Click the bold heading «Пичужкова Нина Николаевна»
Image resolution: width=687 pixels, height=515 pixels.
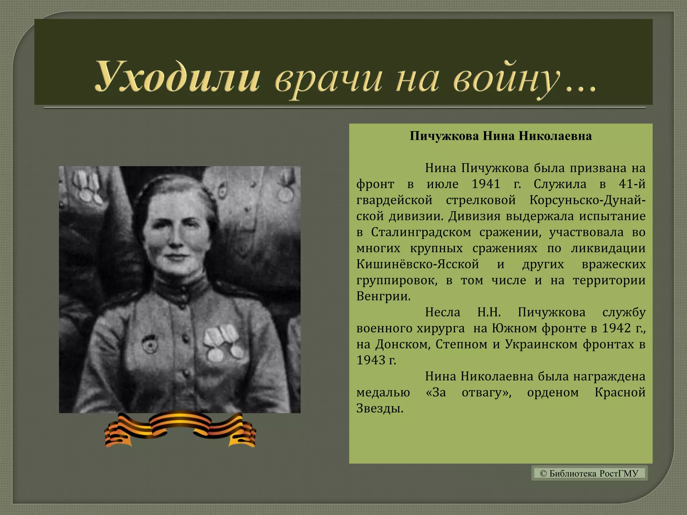tap(500, 136)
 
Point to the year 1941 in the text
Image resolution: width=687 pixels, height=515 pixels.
tap(486, 184)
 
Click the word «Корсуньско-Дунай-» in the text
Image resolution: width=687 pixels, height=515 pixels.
tap(587, 200)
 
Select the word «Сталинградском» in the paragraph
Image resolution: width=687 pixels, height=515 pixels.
tap(421, 232)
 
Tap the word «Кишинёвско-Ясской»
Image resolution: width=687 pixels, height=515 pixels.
tap(418, 264)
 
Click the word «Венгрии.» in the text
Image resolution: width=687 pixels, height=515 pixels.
tap(383, 296)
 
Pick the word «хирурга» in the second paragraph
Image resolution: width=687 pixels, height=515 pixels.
tap(440, 328)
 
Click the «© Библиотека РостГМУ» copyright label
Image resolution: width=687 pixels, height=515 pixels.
tap(589, 473)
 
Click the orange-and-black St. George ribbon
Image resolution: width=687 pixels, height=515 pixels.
tap(180, 429)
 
